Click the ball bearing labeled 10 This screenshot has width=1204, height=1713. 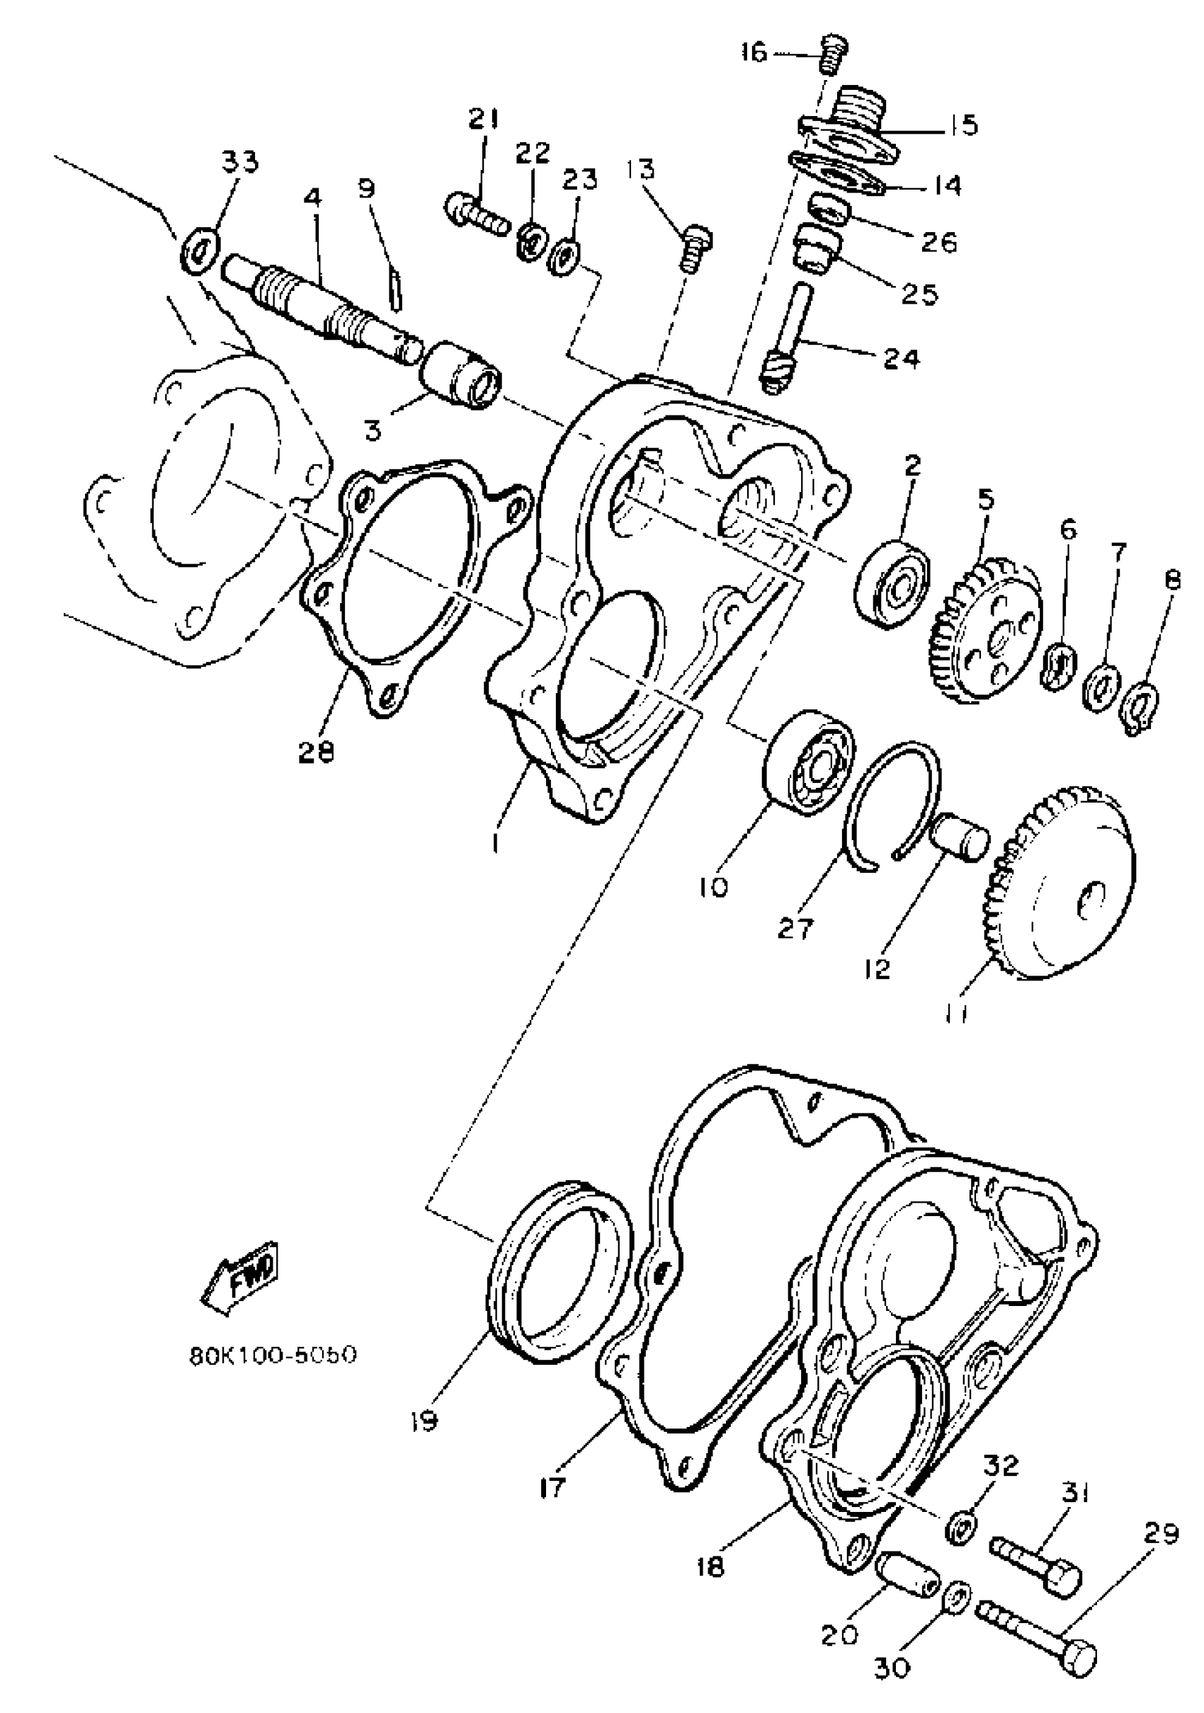pos(811,761)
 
